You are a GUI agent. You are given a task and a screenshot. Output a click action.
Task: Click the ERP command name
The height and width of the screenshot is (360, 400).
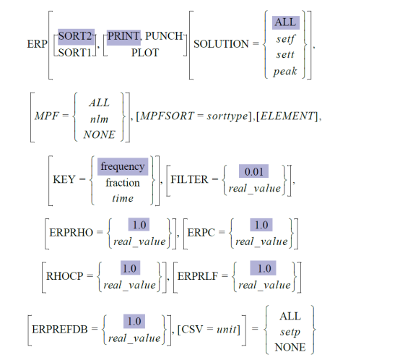(38, 44)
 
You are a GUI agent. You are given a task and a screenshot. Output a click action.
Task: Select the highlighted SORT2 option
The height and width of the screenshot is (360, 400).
(76, 36)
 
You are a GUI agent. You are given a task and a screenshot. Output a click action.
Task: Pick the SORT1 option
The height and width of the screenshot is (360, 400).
(75, 53)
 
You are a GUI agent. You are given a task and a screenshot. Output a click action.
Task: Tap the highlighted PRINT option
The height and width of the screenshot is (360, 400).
(123, 37)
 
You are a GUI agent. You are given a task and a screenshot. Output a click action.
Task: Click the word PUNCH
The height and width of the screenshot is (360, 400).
(164, 36)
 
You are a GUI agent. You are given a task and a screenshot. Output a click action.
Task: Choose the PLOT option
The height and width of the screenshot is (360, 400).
(145, 53)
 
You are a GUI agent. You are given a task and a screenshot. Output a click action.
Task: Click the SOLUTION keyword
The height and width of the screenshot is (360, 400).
(221, 44)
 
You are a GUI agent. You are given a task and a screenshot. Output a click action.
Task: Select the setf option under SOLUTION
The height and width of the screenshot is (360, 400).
(285, 39)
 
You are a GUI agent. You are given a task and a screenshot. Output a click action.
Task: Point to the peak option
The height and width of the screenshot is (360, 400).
(285, 72)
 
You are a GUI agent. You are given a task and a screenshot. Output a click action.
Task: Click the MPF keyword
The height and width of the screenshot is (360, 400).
(47, 116)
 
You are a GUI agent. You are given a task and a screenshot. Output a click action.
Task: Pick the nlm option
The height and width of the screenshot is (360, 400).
(99, 119)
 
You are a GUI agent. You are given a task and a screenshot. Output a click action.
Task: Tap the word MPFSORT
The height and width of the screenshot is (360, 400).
(167, 116)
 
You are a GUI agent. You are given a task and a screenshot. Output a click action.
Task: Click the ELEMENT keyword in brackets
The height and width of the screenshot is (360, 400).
(287, 116)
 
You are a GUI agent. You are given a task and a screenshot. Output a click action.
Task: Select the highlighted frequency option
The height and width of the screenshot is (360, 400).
(123, 167)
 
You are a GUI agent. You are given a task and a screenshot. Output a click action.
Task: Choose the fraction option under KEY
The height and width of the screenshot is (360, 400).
(123, 183)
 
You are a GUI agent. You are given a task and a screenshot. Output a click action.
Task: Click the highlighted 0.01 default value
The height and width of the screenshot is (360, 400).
(254, 171)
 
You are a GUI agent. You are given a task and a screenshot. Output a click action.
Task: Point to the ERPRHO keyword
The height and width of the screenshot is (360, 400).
(71, 233)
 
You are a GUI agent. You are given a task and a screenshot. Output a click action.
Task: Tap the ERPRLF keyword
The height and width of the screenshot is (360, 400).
(198, 276)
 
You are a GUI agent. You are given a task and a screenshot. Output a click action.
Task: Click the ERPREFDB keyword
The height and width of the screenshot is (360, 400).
(60, 330)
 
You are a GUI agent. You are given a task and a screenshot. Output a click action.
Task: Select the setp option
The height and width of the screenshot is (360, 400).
(290, 333)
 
